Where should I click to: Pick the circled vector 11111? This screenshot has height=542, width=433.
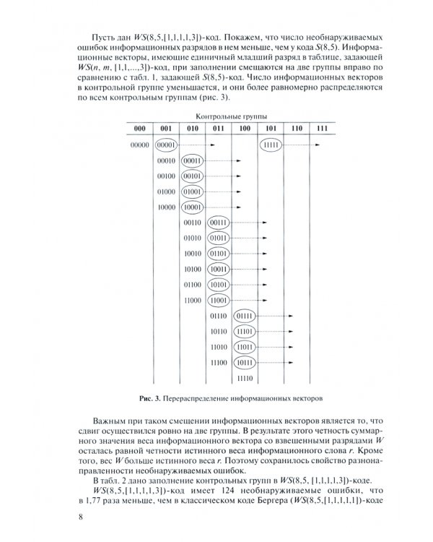click(x=271, y=145)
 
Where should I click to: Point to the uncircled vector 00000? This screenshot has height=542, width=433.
click(x=139, y=145)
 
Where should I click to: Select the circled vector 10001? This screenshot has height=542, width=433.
click(x=193, y=207)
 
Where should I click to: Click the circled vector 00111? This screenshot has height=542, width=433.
click(x=219, y=223)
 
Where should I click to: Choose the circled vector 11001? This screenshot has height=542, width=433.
click(x=219, y=300)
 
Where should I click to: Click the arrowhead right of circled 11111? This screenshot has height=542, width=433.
click(x=318, y=145)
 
